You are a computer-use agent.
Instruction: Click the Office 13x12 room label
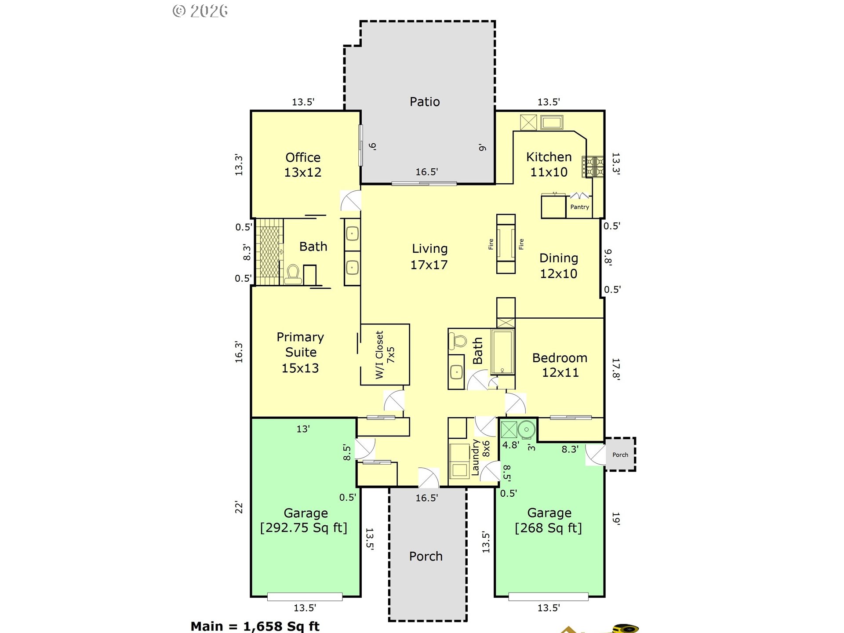pyautogui.click(x=303, y=165)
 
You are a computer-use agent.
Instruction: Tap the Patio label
pyautogui.click(x=425, y=102)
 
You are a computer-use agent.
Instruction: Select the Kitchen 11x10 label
pyautogui.click(x=549, y=164)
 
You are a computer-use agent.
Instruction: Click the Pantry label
pyautogui.click(x=579, y=207)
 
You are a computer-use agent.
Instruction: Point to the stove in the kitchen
pyautogui.click(x=593, y=167)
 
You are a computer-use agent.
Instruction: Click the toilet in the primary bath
pyautogui.click(x=293, y=274)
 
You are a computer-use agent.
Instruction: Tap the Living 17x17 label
pyautogui.click(x=429, y=257)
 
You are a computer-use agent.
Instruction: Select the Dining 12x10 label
pyautogui.click(x=559, y=266)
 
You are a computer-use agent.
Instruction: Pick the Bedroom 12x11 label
pyautogui.click(x=560, y=365)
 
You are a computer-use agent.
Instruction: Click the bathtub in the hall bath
pyautogui.click(x=503, y=352)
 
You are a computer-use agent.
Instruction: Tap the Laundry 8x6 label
pyautogui.click(x=480, y=457)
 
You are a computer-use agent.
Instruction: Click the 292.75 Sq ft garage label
pyautogui.click(x=304, y=520)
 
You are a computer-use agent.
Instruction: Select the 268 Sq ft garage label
pyautogui.click(x=549, y=520)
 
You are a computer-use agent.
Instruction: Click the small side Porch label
pyautogui.click(x=620, y=455)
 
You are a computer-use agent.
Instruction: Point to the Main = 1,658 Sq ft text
pyautogui.click(x=255, y=626)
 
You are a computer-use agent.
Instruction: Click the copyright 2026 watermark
pyautogui.click(x=200, y=11)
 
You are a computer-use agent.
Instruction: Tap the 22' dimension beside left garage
pyautogui.click(x=239, y=507)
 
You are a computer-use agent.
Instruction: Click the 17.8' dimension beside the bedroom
pyautogui.click(x=616, y=369)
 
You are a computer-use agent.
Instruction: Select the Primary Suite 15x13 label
pyautogui.click(x=301, y=353)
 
